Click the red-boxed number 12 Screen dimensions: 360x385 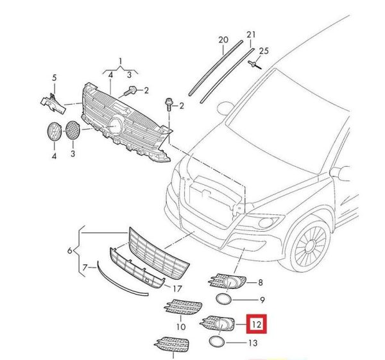pos(256,325)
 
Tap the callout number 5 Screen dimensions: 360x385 pos(54,78)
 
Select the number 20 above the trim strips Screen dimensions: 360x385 pos(223,40)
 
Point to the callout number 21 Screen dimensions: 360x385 pos(251,34)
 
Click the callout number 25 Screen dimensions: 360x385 pos(264,50)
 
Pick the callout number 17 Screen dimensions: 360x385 pos(178,289)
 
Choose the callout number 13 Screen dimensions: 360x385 pos(252,344)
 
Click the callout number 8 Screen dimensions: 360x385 pos(260,282)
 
